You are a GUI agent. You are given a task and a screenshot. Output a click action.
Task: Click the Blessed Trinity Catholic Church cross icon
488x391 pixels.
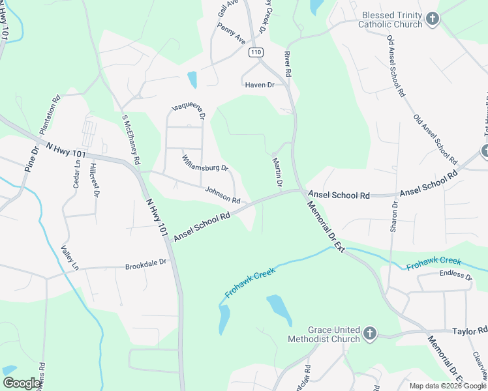click(x=432, y=20)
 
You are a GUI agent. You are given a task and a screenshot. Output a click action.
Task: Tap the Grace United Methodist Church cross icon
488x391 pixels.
click(x=369, y=334)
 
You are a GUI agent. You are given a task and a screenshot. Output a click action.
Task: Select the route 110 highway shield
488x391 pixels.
click(x=256, y=52)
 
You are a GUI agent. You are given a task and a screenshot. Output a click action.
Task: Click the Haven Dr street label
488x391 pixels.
click(x=259, y=85)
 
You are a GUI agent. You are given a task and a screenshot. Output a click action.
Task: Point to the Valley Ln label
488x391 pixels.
click(x=69, y=258)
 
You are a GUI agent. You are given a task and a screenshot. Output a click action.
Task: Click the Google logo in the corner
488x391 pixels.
click(x=22, y=383)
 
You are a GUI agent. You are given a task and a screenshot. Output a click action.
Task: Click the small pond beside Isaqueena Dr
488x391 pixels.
click(x=192, y=80)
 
